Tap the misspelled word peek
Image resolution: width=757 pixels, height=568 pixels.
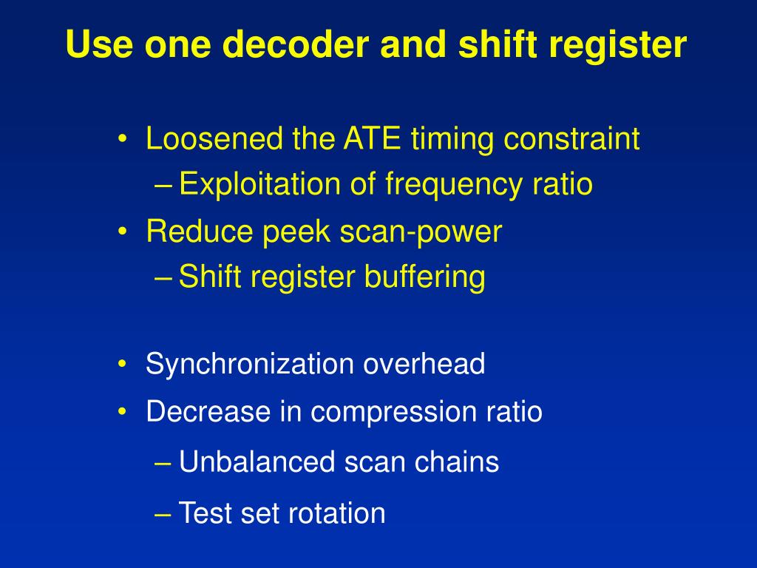[x=297, y=231]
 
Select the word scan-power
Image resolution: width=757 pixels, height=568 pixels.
[x=421, y=231]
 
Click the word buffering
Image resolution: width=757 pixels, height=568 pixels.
[x=424, y=277]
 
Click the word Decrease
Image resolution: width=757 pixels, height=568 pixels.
[x=208, y=411]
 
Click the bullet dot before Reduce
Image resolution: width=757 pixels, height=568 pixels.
[x=123, y=232]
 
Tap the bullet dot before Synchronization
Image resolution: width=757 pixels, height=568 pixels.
[x=123, y=365]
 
